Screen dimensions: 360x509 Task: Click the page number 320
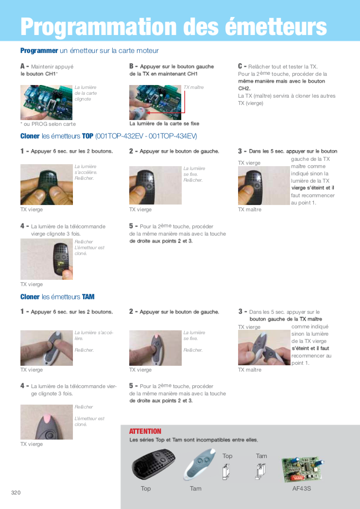tap(16, 492)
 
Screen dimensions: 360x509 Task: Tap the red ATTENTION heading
tap(145, 431)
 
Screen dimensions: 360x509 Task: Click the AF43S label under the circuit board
tap(302, 488)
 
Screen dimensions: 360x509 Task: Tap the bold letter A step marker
tap(23, 66)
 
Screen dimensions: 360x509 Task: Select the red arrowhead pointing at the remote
tap(149, 113)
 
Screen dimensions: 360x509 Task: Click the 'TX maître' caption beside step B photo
tap(194, 87)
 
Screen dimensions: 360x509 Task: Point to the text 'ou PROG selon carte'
tap(50, 124)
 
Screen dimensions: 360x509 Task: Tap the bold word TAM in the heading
tap(88, 297)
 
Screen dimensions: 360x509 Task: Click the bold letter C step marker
tap(240, 66)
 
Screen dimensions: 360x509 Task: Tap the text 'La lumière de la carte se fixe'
tap(164, 124)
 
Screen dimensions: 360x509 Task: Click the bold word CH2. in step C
tap(244, 88)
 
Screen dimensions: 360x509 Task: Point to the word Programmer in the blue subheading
tap(39, 51)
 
